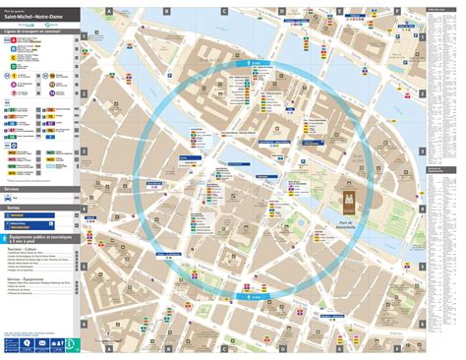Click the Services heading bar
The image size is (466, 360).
39,190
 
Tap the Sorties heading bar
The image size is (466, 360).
39,209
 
